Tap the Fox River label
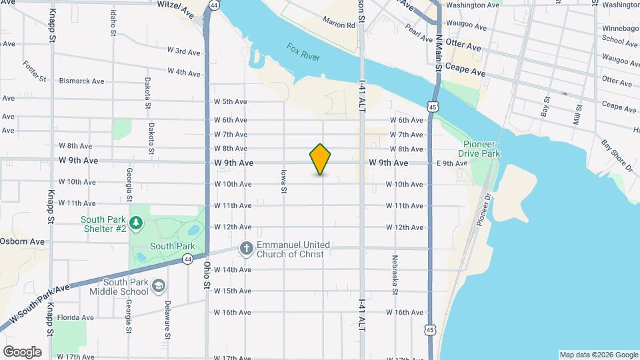(x=303, y=52)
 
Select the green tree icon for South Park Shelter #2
(x=136, y=222)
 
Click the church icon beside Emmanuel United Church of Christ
(x=246, y=249)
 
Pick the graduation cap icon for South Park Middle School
(x=159, y=286)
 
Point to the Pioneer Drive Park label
(x=482, y=149)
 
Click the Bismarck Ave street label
(x=81, y=81)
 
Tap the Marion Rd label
(x=339, y=25)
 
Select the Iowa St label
(x=283, y=181)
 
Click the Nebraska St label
(x=395, y=273)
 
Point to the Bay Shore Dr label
(x=616, y=155)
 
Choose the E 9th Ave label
(x=452, y=163)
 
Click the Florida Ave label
(x=75, y=317)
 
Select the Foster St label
(x=34, y=72)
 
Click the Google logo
(x=22, y=351)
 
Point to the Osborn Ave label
(x=22, y=241)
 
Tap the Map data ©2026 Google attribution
(x=598, y=355)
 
